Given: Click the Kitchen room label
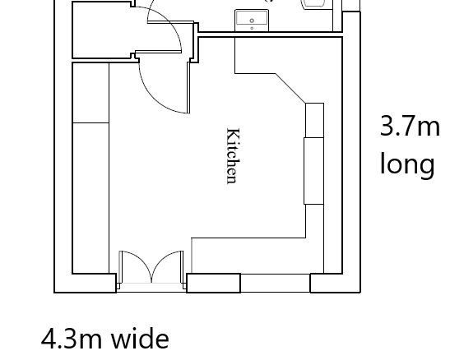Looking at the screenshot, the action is [x=233, y=156].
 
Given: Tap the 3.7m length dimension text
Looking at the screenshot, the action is [x=410, y=126].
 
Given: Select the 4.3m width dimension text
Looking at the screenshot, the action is [x=72, y=339].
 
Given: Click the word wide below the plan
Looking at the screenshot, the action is [x=140, y=339].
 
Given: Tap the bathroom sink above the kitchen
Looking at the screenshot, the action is [x=252, y=21].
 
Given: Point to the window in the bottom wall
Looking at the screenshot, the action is [x=276, y=284].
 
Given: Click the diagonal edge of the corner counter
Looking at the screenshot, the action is [x=290, y=88].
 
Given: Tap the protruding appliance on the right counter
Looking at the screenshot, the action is [x=313, y=171].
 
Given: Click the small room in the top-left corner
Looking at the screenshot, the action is [x=102, y=30].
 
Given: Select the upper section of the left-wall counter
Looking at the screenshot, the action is [x=90, y=93].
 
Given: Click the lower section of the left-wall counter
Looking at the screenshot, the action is [x=90, y=198].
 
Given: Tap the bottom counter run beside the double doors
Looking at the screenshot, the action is [x=257, y=256].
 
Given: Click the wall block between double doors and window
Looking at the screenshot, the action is [x=214, y=284].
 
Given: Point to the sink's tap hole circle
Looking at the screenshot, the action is [x=252, y=21].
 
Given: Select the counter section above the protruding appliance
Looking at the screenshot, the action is [x=315, y=120].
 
